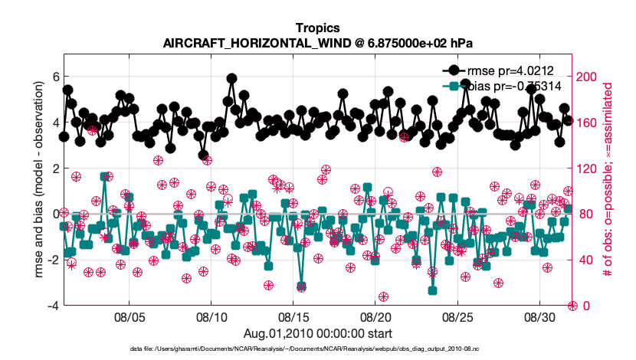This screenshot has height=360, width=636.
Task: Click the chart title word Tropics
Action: coord(317,28)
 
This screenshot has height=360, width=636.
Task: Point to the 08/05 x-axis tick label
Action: coord(129,316)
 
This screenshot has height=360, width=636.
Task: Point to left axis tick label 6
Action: coord(54,77)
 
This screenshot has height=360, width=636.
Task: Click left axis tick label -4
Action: coord(52,306)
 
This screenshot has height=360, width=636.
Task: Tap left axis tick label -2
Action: coord(52,260)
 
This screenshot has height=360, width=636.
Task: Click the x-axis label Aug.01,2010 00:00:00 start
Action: coord(318,333)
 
